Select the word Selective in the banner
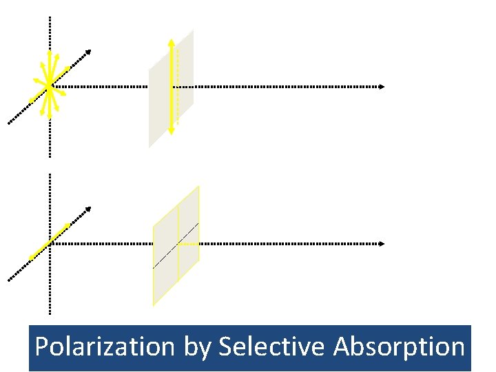click(x=271, y=347)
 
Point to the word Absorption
click(x=399, y=347)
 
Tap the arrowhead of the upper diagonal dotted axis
click(x=87, y=52)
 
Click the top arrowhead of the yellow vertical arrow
click(x=171, y=41)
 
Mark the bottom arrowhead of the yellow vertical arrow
click(x=171, y=132)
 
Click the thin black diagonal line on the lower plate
click(x=165, y=256)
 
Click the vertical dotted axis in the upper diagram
click(x=50, y=41)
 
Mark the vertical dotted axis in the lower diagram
click(x=50, y=289)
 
